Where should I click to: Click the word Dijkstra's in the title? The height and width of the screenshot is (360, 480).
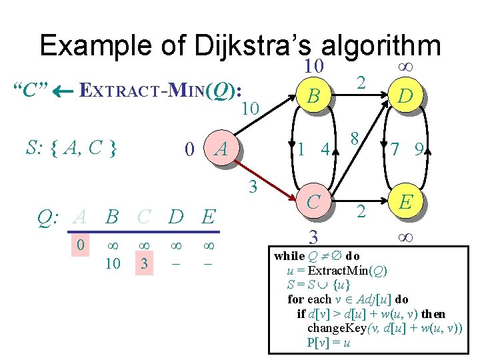click(x=254, y=46)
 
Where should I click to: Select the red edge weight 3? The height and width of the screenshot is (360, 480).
click(x=253, y=187)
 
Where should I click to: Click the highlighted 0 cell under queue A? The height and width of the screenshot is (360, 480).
click(x=80, y=246)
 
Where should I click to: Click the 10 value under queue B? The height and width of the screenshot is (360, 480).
click(x=113, y=263)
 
